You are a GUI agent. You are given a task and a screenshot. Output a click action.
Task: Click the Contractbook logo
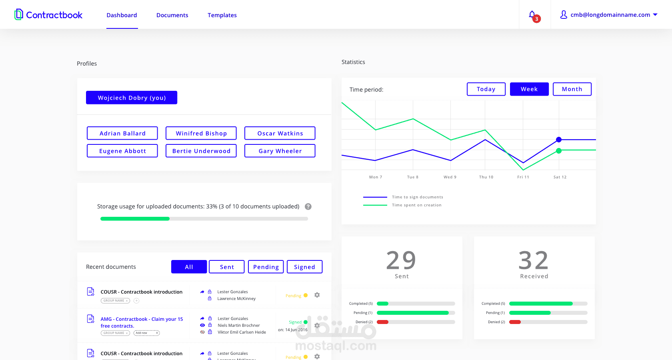48,15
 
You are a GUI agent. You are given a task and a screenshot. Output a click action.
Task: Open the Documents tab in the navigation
172,15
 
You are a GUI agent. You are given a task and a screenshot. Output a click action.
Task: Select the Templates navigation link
222,15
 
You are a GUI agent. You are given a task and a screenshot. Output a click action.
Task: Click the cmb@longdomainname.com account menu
610,15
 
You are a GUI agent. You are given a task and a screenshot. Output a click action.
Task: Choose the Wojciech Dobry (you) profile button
132,98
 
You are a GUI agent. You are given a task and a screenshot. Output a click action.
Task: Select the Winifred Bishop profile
201,133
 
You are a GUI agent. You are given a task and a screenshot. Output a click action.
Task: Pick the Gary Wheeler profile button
280,151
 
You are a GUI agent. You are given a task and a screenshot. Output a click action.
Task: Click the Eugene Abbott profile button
122,151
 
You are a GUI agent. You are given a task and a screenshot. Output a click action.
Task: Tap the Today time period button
486,89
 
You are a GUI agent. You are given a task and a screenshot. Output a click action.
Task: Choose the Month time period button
572,89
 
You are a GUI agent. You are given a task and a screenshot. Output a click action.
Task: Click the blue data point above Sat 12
559,140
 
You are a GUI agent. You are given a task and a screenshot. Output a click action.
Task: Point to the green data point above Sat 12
559,151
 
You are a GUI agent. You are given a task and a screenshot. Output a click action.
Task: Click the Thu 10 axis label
486,177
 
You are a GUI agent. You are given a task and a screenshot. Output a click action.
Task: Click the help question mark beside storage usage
308,206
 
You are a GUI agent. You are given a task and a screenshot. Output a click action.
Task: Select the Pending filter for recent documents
266,267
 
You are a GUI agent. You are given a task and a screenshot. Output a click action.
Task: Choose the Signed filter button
304,267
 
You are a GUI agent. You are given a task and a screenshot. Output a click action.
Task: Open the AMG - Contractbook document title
142,322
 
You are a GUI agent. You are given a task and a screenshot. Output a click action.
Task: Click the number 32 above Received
534,260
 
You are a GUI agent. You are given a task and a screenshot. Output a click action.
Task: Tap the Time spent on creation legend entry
416,205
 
